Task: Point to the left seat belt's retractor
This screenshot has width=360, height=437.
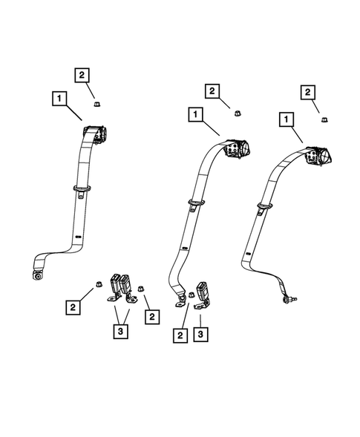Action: click(x=97, y=134)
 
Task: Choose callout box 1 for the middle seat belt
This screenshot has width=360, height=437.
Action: click(x=195, y=116)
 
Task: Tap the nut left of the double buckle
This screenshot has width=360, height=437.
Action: click(x=97, y=284)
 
